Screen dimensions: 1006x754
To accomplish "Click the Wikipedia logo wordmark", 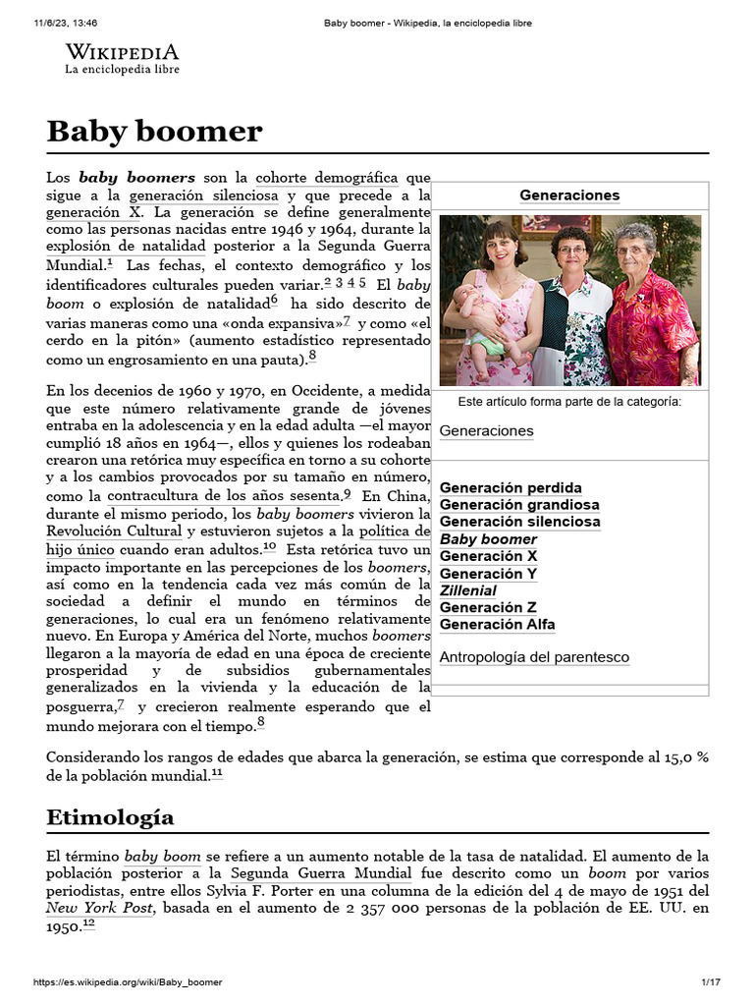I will [x=122, y=52].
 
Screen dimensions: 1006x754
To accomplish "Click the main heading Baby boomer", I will [x=154, y=131].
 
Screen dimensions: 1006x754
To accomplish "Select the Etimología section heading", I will [x=110, y=816].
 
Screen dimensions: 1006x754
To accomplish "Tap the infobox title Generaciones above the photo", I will [x=569, y=195].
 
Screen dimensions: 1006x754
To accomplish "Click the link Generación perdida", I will [x=511, y=487].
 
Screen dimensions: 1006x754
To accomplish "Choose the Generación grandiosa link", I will [x=519, y=505].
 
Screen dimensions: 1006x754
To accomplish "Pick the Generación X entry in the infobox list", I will [x=488, y=556].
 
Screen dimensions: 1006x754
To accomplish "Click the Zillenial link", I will [x=467, y=590].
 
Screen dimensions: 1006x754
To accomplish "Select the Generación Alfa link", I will [x=497, y=624].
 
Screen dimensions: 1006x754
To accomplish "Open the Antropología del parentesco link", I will [x=534, y=657].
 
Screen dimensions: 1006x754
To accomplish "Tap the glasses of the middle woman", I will [x=571, y=250].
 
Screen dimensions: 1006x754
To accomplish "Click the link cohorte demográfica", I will [x=327, y=178].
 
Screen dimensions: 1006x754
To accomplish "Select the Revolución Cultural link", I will [x=116, y=531].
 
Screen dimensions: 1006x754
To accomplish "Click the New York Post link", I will [x=99, y=909].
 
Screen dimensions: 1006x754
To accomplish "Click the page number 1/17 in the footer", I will [x=711, y=982].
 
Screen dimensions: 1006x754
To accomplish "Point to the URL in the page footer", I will [x=128, y=982].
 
